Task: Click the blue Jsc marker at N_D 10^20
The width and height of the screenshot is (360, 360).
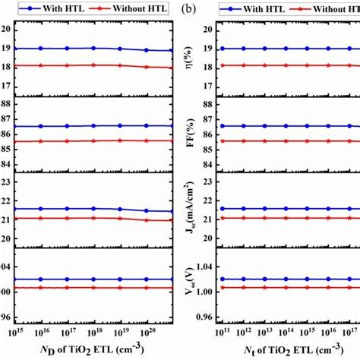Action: coord(146,210)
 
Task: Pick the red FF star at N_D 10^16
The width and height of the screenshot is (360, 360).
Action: coord(41,141)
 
